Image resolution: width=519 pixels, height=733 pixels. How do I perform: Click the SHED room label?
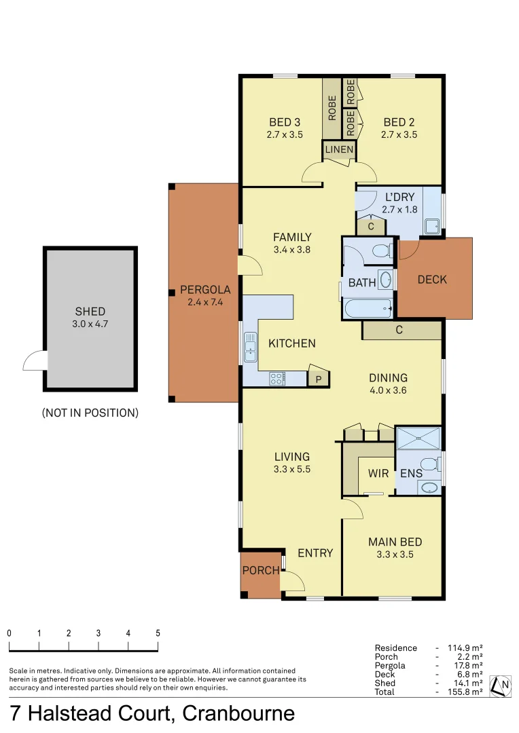point(90,312)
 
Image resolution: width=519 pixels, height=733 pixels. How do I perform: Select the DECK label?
point(432,279)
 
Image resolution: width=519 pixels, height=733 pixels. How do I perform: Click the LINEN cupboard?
point(339,149)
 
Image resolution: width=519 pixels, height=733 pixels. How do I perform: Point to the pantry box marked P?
point(318,379)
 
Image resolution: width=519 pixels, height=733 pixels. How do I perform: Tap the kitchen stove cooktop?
point(279,379)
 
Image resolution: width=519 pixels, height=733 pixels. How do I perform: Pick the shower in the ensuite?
point(418,438)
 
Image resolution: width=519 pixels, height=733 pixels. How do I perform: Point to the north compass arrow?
point(501,685)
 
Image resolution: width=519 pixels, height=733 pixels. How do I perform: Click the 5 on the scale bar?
point(158,633)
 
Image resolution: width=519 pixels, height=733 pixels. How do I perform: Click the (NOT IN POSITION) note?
point(90,412)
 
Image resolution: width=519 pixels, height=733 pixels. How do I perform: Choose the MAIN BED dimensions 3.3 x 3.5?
point(395,554)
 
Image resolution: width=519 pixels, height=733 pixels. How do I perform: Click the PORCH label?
point(261,571)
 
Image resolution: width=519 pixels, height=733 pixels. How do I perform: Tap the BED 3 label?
point(285,122)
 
